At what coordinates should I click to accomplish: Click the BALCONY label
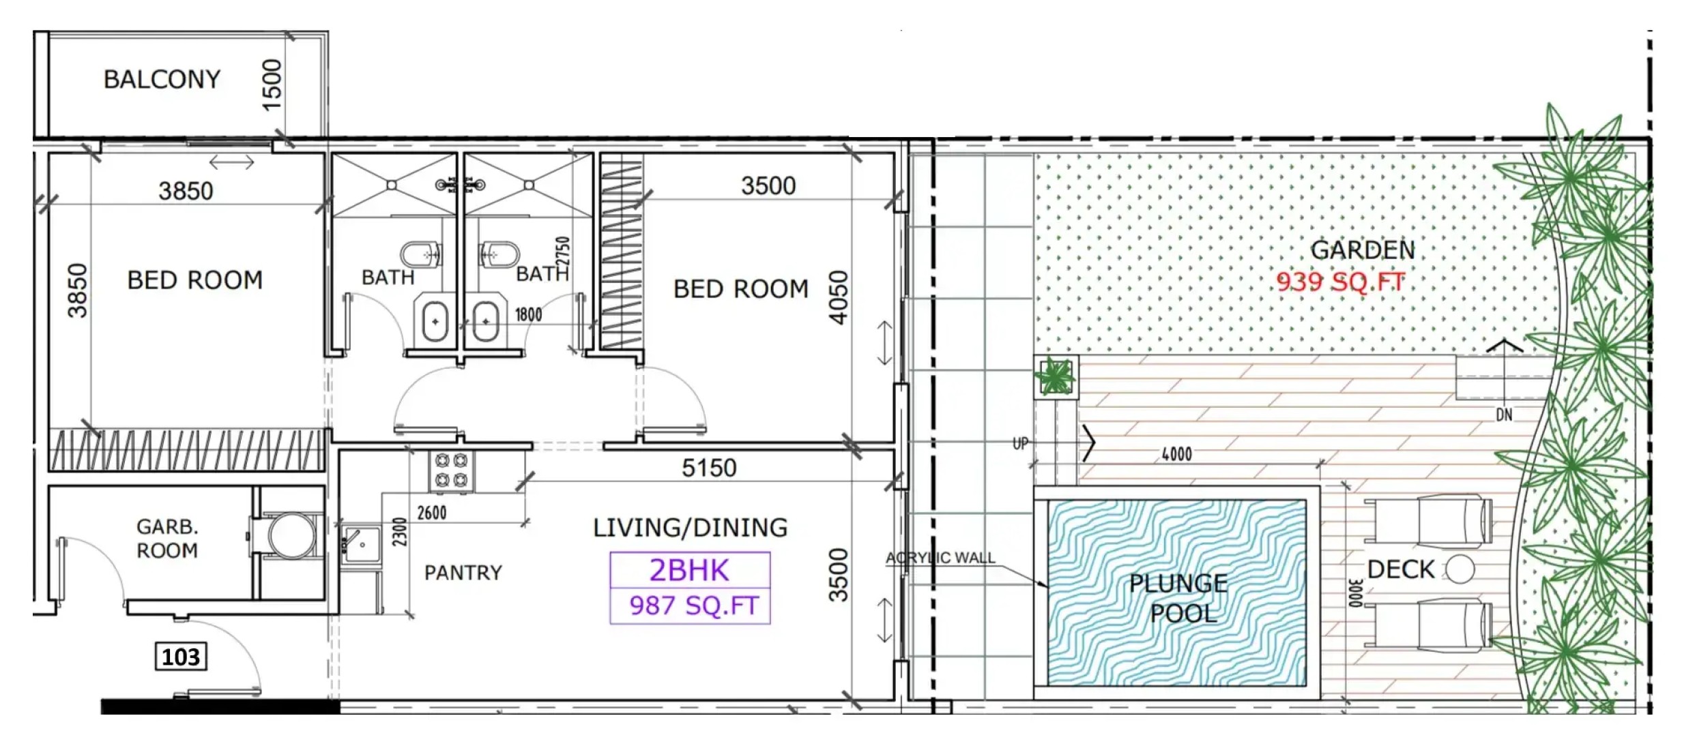[x=162, y=79]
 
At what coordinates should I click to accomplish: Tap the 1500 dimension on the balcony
[x=272, y=85]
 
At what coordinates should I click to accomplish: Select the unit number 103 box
[x=181, y=657]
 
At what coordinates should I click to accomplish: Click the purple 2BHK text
[x=689, y=570]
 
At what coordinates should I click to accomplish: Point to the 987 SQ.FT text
[x=694, y=605]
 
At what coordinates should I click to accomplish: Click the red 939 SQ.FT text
[x=1341, y=281]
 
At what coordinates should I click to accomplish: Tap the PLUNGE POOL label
[x=1179, y=598]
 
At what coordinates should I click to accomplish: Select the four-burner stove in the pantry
[x=451, y=471]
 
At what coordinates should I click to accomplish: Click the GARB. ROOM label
[x=167, y=538]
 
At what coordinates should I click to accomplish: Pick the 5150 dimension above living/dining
[x=709, y=468]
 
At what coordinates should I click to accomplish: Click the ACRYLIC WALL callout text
[x=940, y=558]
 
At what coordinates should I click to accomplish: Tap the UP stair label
[x=1020, y=444]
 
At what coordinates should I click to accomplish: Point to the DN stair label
[x=1504, y=415]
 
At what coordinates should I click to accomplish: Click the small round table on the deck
[x=1460, y=569]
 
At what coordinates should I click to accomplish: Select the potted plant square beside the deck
[x=1056, y=376]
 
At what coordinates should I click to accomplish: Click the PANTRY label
[x=463, y=573]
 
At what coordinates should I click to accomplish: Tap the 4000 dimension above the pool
[x=1177, y=454]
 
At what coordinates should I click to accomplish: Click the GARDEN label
[x=1363, y=250]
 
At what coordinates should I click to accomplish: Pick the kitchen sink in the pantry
[x=361, y=545]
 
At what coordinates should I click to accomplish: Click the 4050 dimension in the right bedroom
[x=838, y=297]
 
